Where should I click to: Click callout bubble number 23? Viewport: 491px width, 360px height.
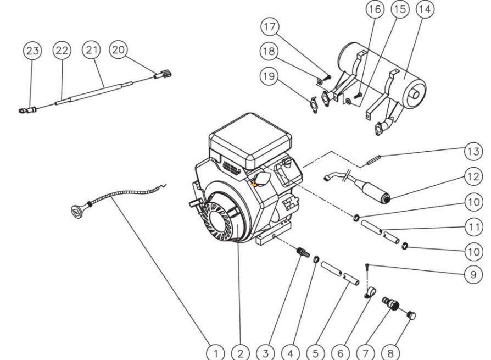(33, 51)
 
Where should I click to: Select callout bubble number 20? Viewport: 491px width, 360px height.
(118, 50)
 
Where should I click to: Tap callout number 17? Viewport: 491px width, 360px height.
(270, 27)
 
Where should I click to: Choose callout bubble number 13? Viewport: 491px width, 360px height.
(473, 151)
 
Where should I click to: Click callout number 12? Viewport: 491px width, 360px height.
(473, 176)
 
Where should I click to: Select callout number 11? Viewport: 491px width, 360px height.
(473, 226)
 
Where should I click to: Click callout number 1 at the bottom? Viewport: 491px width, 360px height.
(216, 352)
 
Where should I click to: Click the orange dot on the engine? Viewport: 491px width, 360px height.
(254, 185)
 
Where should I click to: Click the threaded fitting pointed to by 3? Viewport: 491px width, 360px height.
(302, 252)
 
